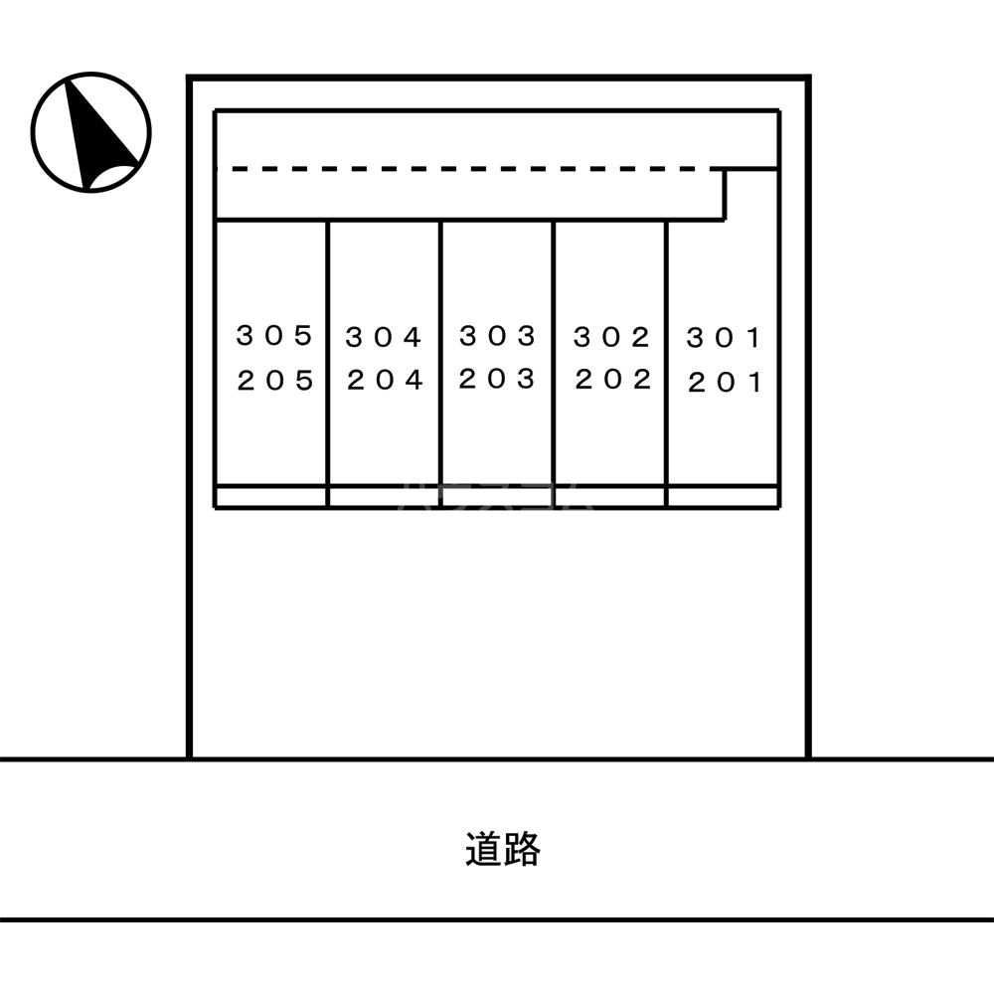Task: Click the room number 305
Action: pyautogui.click(x=274, y=336)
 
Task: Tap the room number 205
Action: pyautogui.click(x=275, y=381)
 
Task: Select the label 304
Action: pyautogui.click(x=385, y=338)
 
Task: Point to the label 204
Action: pyautogui.click(x=385, y=380)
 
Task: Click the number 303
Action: pyautogui.click(x=498, y=336)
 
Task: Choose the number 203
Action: pyautogui.click(x=498, y=379)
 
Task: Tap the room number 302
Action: pyautogui.click(x=611, y=338)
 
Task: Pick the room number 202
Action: pyautogui.click(x=612, y=380)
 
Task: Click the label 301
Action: pyautogui.click(x=724, y=339)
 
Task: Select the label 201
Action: pyautogui.click(x=725, y=383)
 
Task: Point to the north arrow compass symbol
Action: pyautogui.click(x=90, y=131)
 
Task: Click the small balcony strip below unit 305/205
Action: pyautogui.click(x=271, y=496)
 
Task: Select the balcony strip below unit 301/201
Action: pyautogui.click(x=723, y=496)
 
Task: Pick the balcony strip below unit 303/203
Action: pyautogui.click(x=497, y=496)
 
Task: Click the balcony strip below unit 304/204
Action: pyautogui.click(x=384, y=496)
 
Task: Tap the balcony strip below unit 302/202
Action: pyautogui.click(x=610, y=496)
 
